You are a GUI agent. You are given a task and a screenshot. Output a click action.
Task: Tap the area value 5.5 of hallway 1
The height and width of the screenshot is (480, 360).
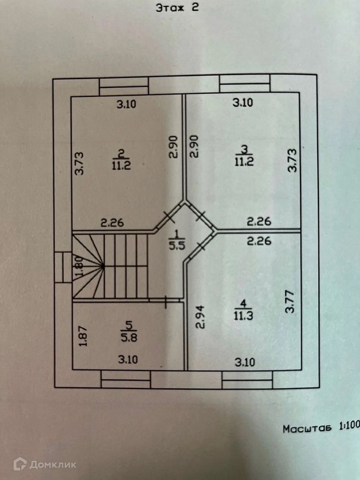(176, 243)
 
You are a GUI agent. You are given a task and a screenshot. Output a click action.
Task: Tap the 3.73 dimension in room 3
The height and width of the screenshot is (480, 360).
(292, 161)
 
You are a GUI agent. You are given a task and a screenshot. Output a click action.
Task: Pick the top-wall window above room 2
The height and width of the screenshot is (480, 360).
(124, 87)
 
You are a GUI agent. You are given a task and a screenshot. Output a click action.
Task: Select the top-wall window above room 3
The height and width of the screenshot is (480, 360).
(245, 84)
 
